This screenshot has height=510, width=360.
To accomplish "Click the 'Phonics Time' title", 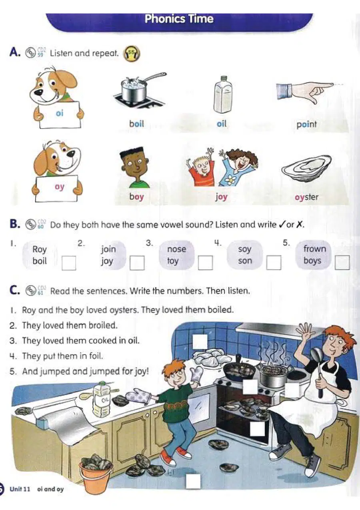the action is pos(179,19).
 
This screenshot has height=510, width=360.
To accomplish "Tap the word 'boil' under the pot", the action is pos(136,124).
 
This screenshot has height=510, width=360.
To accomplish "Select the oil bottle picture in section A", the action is pos(223,94).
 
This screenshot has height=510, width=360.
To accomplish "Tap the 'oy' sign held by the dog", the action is pos(57,188).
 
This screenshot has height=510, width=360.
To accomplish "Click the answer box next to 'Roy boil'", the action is pos(69,263).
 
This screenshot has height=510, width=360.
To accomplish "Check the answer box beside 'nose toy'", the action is pos(205,263).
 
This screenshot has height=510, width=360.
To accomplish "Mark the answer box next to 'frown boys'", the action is pos(342,263).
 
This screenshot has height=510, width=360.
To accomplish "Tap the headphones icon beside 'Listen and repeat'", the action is pos(132,54).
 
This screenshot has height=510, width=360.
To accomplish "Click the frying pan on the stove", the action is pos(239,368).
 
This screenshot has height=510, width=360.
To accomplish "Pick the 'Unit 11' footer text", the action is pos(20,489).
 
